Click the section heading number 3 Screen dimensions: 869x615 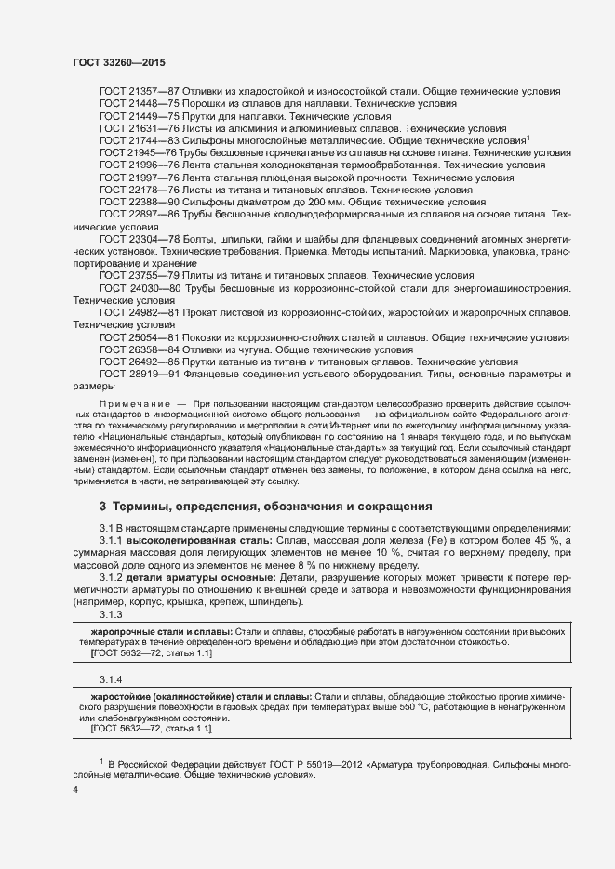click(x=102, y=507)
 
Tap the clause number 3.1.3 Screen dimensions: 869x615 click(x=111, y=614)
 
